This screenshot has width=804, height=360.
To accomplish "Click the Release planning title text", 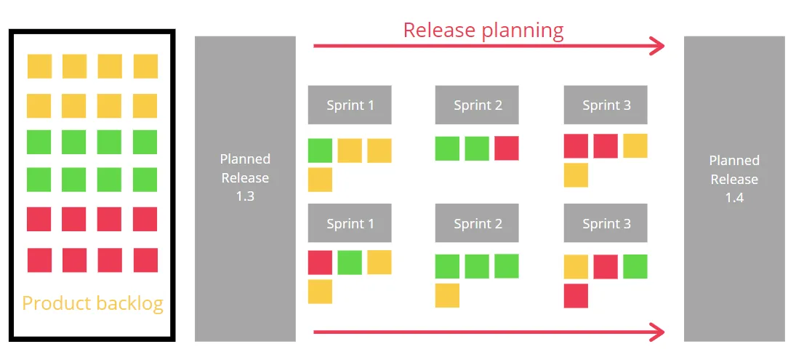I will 483,30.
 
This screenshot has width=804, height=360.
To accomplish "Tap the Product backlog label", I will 92,303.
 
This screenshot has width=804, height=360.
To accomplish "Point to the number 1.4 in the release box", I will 734,198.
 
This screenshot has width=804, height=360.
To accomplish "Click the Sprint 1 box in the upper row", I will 350,105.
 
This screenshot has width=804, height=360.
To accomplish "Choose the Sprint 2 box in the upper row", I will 477,105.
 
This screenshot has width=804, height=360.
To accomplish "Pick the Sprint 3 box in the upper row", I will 606,105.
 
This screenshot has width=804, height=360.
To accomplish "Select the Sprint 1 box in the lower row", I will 350,223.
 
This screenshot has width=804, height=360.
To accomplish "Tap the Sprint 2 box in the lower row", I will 477,223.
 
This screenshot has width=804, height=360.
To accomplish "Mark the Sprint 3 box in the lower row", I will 606,223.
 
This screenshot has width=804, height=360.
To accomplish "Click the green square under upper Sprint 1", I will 320,151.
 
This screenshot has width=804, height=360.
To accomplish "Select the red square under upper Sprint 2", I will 507,148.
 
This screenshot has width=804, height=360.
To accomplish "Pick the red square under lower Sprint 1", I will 320,263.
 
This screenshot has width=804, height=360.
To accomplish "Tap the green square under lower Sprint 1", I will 350,263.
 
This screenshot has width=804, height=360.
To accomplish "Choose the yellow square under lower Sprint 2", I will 448,295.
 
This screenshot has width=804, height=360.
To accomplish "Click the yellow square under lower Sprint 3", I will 576,267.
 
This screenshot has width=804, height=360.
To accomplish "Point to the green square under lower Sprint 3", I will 635,267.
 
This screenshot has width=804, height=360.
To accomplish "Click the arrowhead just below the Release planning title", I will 658,46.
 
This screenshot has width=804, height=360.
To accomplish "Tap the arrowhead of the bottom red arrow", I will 658,332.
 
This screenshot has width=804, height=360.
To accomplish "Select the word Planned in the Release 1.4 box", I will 734,161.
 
